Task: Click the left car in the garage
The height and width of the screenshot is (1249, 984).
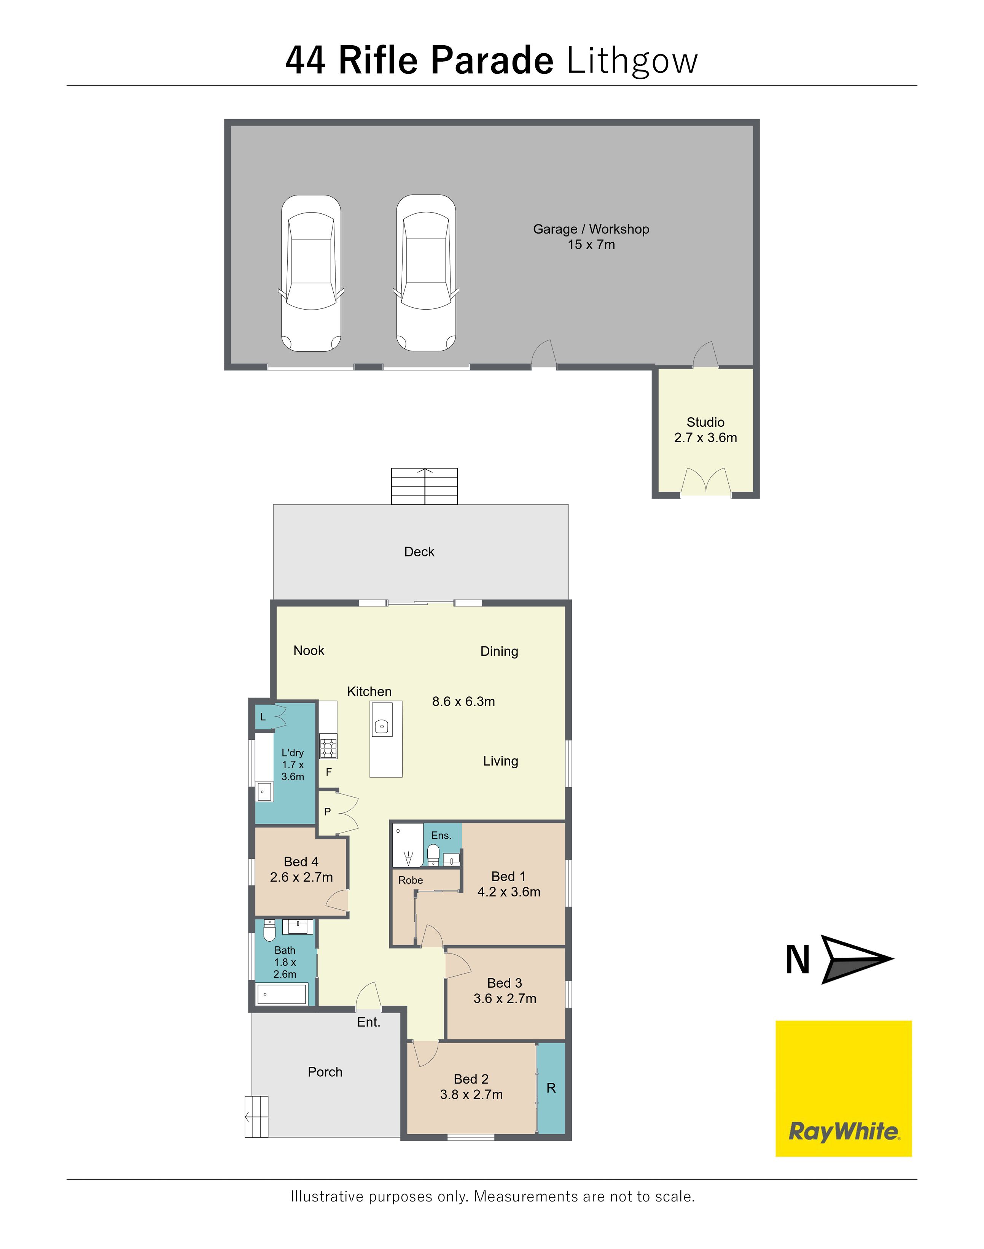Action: coord(311,273)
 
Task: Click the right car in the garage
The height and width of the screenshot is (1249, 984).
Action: coord(426,273)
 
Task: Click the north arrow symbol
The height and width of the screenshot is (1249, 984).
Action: coord(857,959)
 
